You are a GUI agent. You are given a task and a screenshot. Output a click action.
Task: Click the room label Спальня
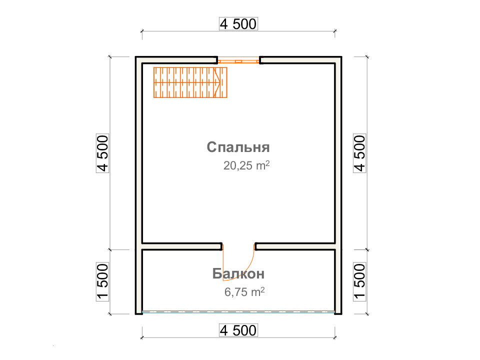click(238, 147)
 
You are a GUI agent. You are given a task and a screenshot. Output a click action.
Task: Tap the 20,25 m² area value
click(246, 165)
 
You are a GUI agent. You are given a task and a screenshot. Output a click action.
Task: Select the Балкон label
click(238, 273)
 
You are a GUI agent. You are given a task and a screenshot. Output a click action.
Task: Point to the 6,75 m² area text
click(244, 291)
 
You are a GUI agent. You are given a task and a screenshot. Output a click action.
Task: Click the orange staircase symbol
click(190, 82)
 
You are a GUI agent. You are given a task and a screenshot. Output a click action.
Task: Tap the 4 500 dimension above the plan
click(238, 24)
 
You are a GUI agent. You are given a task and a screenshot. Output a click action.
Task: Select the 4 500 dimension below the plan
click(238, 330)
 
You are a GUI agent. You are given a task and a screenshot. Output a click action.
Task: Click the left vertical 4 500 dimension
click(103, 153)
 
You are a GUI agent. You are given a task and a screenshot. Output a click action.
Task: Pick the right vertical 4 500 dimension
click(359, 153)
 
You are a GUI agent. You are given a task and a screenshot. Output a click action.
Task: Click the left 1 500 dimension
click(103, 281)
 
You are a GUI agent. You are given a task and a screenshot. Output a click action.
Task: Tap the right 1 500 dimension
click(359, 281)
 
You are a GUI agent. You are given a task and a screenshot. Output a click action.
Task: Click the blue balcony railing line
click(238, 312)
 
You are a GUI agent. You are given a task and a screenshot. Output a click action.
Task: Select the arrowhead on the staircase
click(217, 82)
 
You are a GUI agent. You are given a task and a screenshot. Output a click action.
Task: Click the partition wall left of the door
click(182, 246)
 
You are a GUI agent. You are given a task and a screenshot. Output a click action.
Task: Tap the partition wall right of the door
click(295, 246)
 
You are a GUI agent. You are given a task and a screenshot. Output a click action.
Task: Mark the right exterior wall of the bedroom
click(338, 153)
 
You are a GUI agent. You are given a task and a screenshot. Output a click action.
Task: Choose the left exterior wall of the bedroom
click(138, 153)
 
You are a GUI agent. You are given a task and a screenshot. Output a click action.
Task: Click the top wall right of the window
click(300, 60)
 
